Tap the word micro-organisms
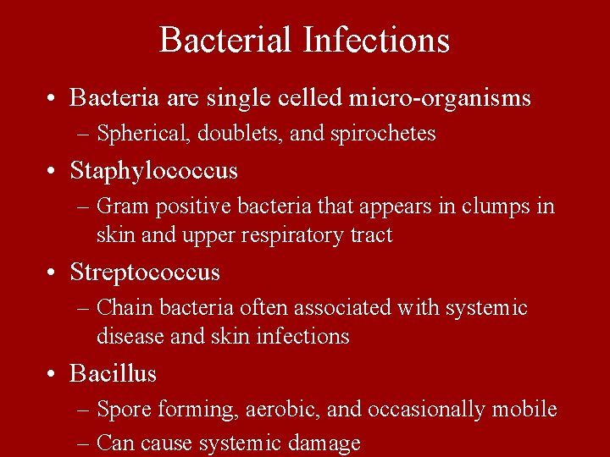point(439,98)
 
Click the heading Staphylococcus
point(154,171)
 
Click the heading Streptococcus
point(145,273)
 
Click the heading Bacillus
point(114,373)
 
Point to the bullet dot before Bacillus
point(53,374)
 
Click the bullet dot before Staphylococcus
point(53,172)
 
